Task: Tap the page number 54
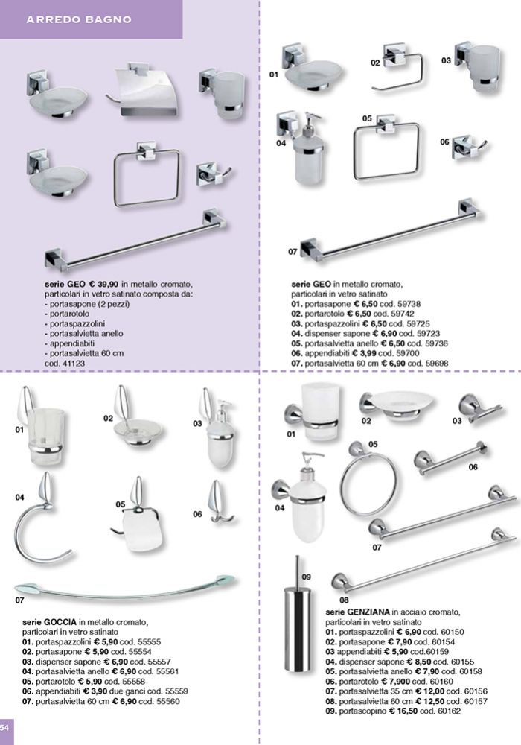4,727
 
